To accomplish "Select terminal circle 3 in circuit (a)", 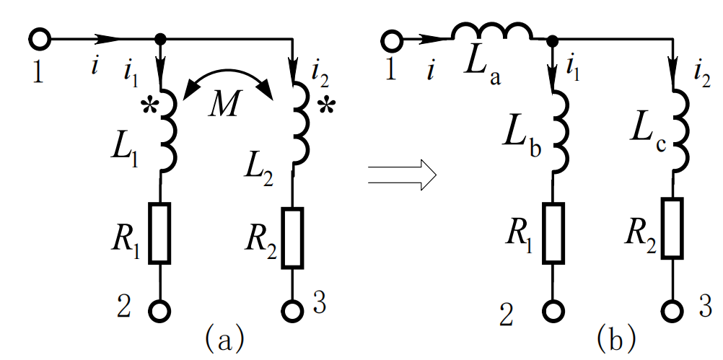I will (293, 311).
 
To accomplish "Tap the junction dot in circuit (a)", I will (160, 38).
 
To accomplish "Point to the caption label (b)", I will (615, 337).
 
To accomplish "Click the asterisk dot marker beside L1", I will (149, 107).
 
